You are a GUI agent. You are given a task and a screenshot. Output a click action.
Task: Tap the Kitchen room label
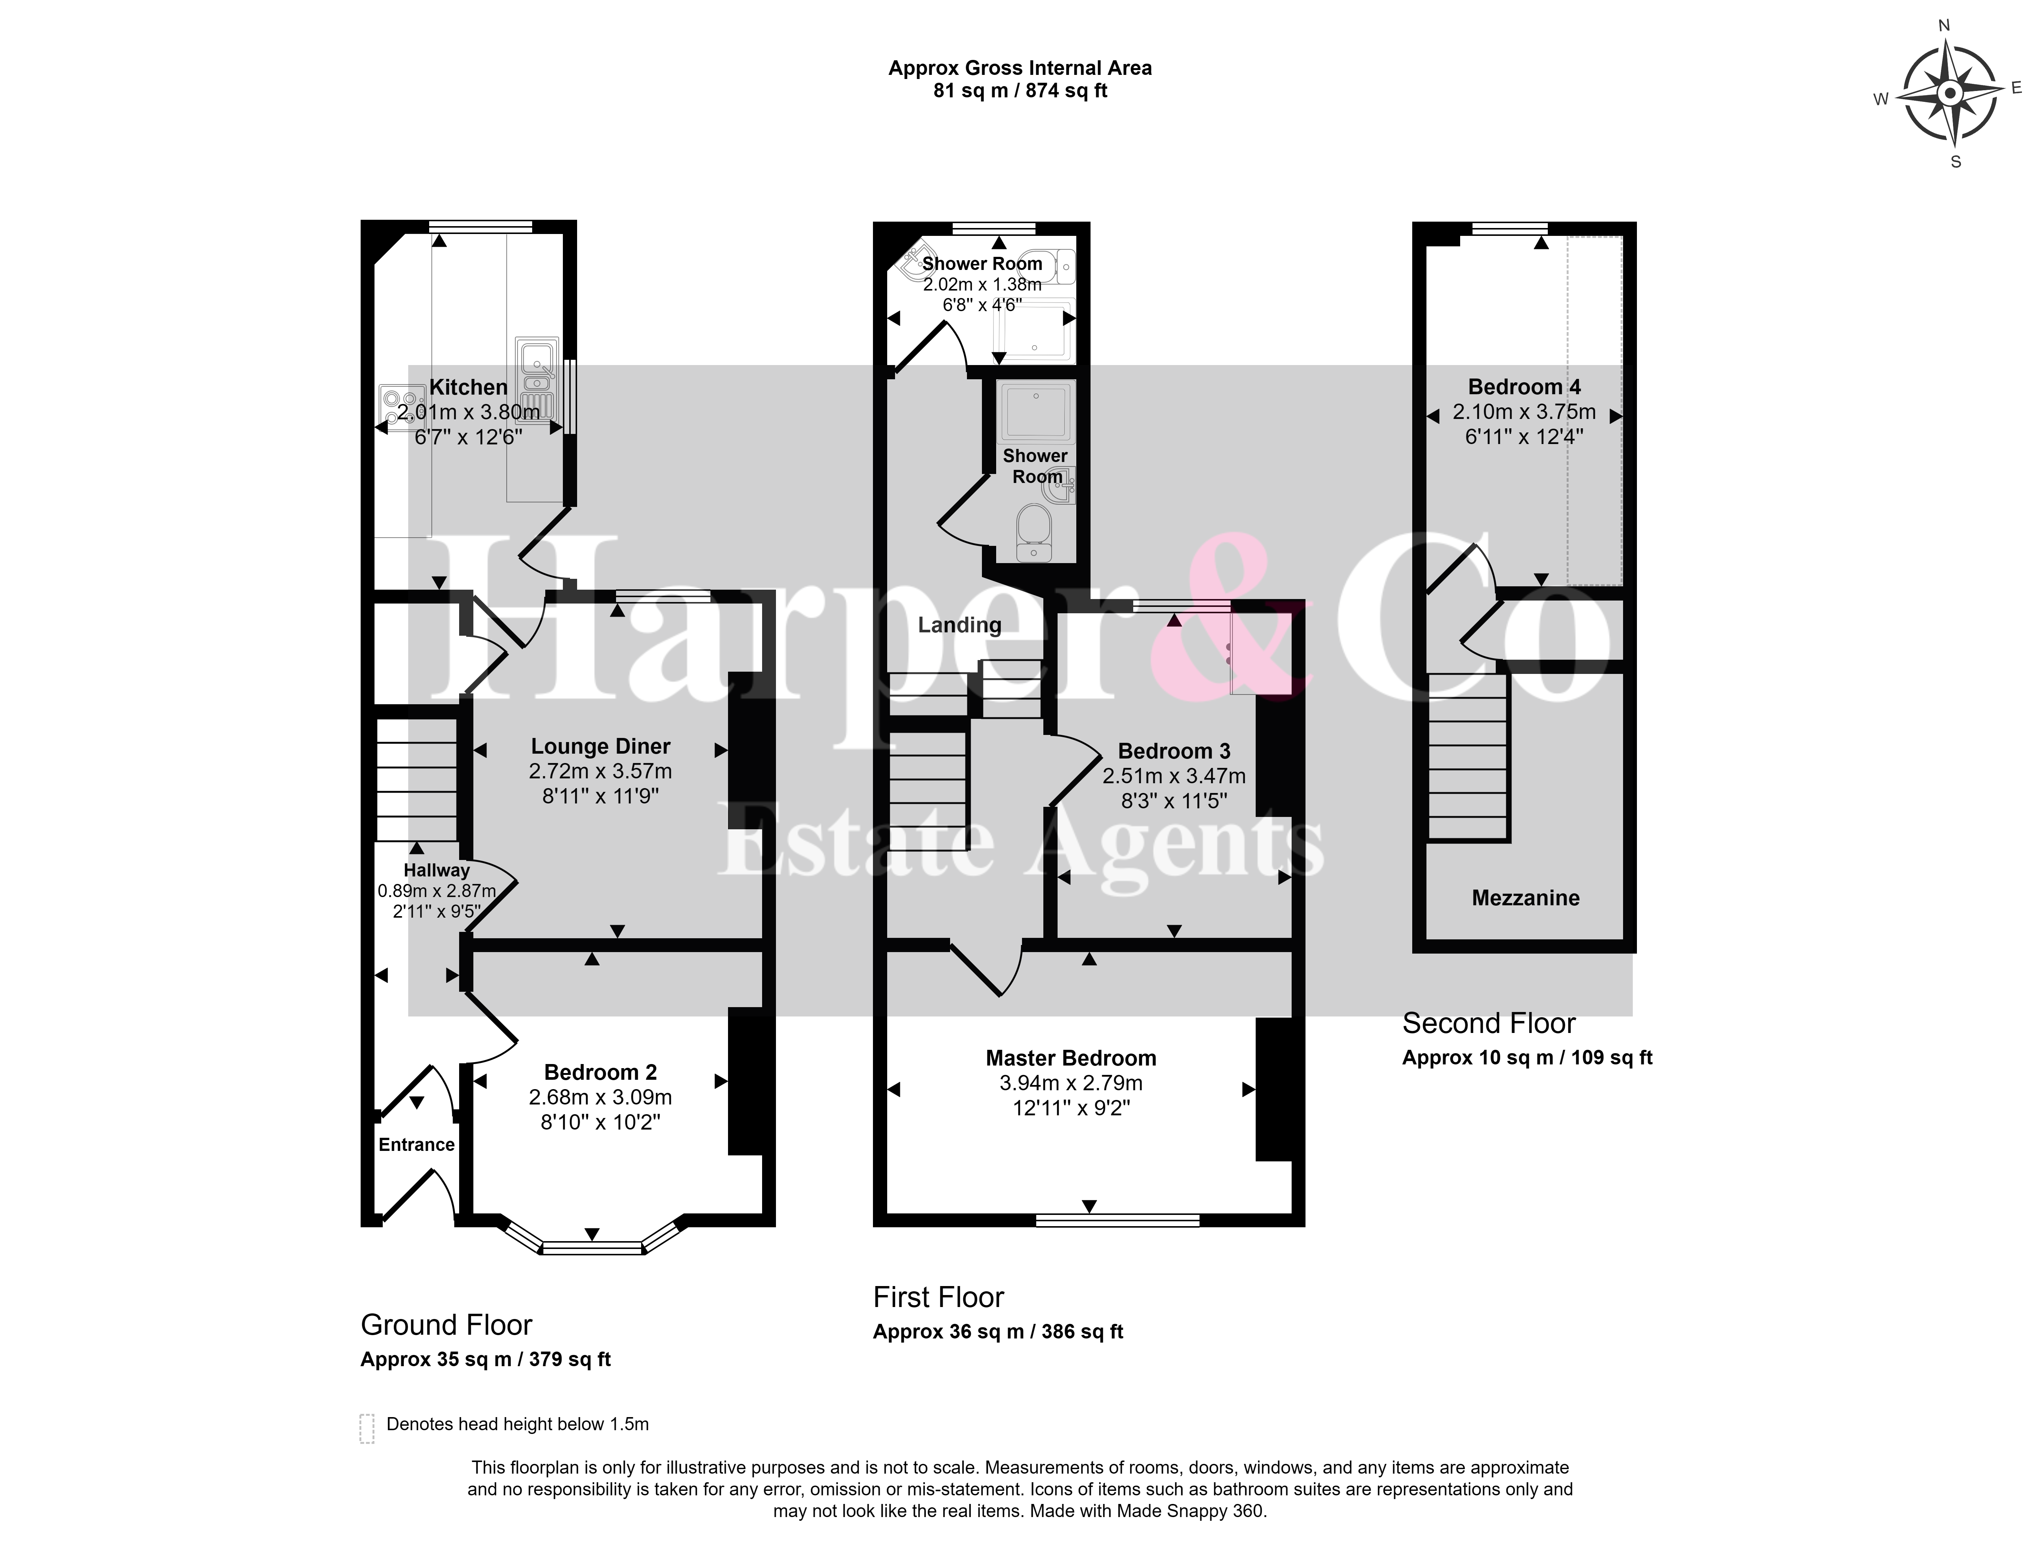[x=469, y=387]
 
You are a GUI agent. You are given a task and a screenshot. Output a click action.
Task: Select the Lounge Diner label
[x=601, y=747]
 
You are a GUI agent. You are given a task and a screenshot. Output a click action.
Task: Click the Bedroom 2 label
[x=601, y=1072]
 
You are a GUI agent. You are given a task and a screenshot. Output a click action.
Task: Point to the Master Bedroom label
[x=1070, y=1058]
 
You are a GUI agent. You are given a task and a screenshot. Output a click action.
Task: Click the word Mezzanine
[x=1525, y=898]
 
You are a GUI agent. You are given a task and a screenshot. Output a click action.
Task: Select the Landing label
[x=959, y=626]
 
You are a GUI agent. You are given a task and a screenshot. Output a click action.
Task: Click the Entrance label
[x=416, y=1145]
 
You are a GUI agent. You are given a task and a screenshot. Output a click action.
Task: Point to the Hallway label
[x=436, y=870]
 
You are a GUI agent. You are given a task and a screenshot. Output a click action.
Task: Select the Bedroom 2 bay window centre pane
[x=591, y=1248]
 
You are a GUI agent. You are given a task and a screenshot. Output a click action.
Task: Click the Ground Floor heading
[x=446, y=1325]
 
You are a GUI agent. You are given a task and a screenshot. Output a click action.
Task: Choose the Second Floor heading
[x=1488, y=1023]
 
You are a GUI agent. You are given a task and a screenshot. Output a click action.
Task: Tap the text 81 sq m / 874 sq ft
[x=1020, y=91]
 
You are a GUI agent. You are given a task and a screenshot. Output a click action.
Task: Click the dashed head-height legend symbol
[x=366, y=1428]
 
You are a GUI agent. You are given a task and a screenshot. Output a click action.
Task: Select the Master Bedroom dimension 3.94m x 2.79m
[x=1070, y=1083]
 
